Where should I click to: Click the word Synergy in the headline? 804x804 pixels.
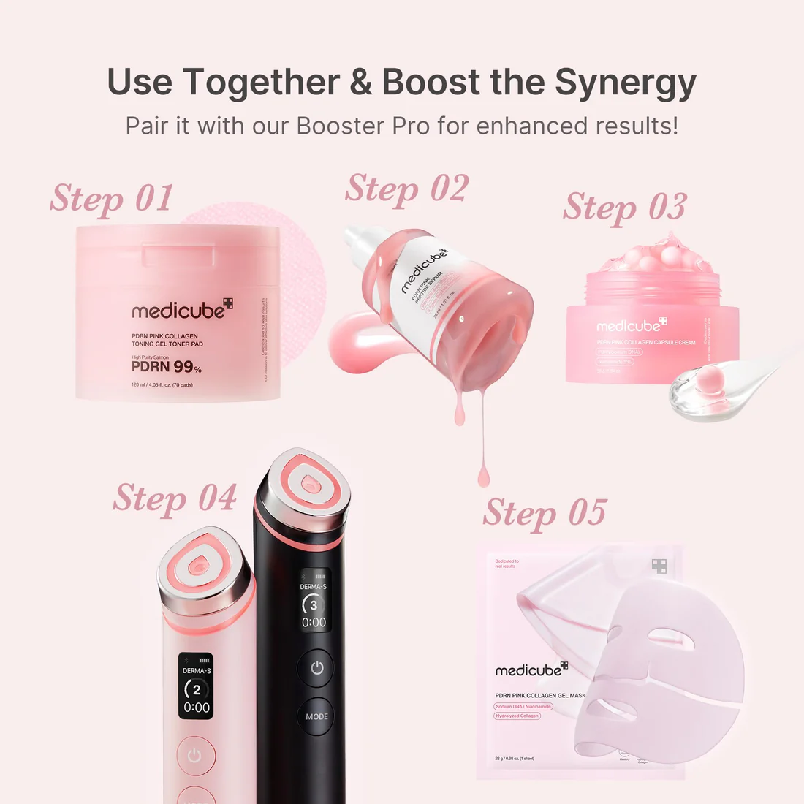(x=625, y=82)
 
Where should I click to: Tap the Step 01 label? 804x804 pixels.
(x=111, y=199)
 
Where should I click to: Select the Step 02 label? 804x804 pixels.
(x=406, y=189)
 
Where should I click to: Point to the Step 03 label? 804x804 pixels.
(x=624, y=207)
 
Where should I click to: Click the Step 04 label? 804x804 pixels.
(x=175, y=498)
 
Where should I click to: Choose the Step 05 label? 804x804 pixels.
(x=545, y=512)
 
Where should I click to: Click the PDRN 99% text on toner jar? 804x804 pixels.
(x=166, y=367)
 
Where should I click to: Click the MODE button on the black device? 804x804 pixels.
(x=316, y=716)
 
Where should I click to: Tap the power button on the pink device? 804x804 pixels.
(x=194, y=756)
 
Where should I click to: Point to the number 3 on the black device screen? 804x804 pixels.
(x=314, y=604)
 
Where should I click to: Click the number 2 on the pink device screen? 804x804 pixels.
(x=196, y=689)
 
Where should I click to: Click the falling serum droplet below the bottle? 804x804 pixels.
(x=482, y=476)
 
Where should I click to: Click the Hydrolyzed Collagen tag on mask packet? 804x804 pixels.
(x=517, y=716)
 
